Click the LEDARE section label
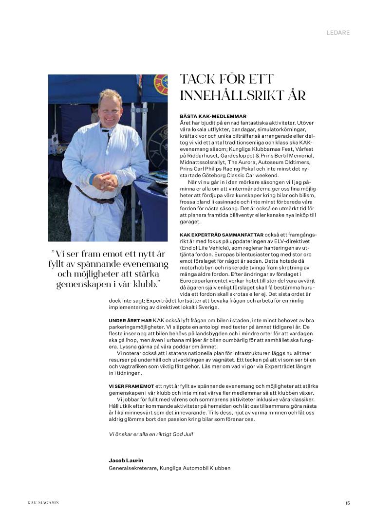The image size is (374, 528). tap(338, 33)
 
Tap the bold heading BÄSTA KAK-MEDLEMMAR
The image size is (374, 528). tap(213, 116)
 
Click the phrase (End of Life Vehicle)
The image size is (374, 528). tap(204, 248)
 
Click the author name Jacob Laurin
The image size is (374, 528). tap(126, 460)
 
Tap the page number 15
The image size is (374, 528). tap(347, 503)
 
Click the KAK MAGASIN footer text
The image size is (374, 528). tap(43, 503)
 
